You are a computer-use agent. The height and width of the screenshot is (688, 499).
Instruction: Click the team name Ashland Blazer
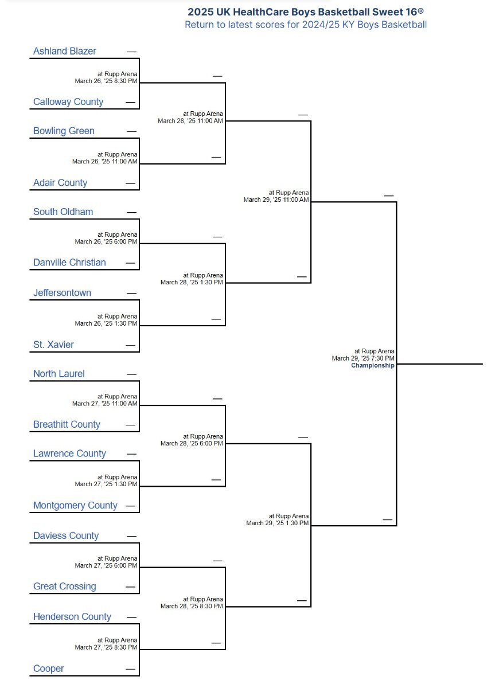point(64,51)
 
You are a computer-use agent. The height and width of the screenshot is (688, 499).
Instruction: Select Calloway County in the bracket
point(68,101)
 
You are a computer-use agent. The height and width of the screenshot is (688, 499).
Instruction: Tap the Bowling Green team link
point(64,131)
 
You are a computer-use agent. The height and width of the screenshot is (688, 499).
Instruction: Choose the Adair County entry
point(60,183)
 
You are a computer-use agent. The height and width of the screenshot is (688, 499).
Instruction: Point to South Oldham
point(63,212)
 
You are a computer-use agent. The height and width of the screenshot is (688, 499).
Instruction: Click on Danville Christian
point(69,263)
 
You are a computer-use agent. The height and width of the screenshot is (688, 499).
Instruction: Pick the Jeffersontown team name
point(62,293)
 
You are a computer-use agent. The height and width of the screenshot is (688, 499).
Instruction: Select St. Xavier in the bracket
point(53,345)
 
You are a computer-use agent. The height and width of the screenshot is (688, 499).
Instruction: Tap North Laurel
point(59,373)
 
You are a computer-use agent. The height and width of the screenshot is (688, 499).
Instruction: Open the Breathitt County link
point(67,424)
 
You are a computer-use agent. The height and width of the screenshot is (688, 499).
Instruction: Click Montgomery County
point(75,505)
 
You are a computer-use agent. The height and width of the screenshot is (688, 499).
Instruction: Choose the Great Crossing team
point(64,587)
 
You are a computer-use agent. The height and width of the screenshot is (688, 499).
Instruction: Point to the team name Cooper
point(49,669)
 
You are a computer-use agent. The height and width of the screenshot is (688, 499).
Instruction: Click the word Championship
point(373,365)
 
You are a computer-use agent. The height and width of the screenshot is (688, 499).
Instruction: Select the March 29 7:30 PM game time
point(363,358)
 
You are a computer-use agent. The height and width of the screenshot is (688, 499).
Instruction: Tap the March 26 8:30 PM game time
point(106,81)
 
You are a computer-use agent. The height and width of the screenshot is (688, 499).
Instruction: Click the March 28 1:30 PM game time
point(192,282)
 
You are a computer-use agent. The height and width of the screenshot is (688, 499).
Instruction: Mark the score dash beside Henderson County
point(131,617)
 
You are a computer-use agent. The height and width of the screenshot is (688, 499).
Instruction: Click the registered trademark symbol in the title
point(421,11)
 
